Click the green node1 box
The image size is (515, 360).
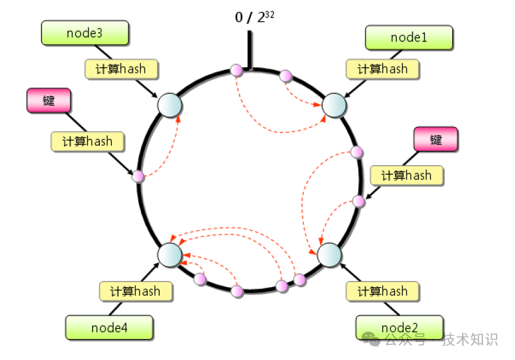409,38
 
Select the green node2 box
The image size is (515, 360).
399,327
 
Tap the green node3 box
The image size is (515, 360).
84,33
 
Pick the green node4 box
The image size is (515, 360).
109,327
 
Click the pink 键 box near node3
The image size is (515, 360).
48,101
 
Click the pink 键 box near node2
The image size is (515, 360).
436,139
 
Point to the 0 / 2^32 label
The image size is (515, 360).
254,16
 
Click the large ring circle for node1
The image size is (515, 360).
335,105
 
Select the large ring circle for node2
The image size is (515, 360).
329,255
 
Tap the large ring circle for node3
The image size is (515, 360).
169,105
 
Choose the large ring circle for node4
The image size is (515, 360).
169,254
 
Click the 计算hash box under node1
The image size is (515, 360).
382,69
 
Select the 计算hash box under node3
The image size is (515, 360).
121,69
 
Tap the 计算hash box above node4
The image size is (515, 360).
135,292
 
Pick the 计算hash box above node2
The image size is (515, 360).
382,292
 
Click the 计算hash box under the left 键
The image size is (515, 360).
87,141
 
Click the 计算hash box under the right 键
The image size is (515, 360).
406,175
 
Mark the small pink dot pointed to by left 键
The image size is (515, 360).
138,177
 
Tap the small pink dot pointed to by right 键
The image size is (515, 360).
358,201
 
